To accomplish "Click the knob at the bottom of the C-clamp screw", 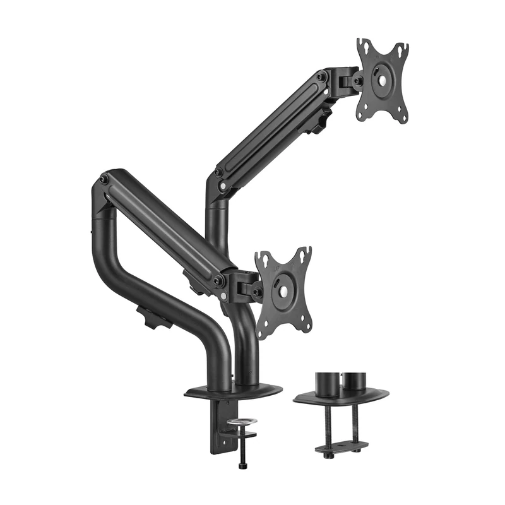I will (242, 465).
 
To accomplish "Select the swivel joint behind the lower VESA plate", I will (245, 287).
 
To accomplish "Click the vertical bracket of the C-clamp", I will (217, 429).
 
